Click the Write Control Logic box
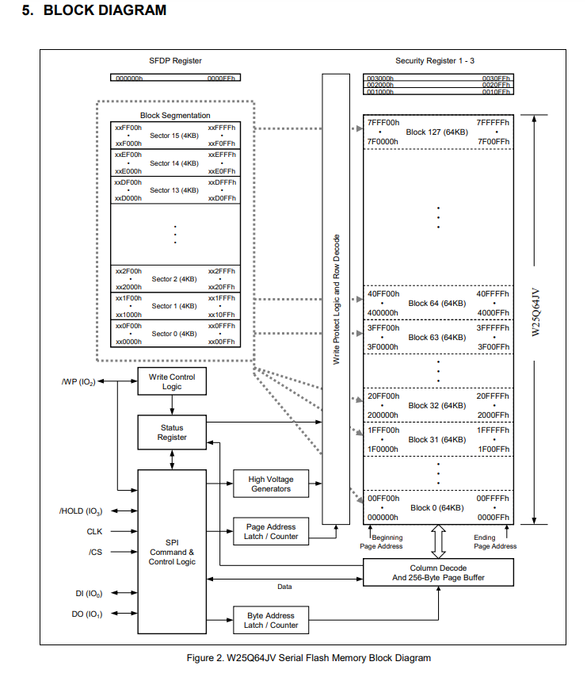pos(172,381)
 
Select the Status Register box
pos(172,432)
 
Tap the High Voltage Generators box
pos(270,484)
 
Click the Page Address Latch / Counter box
pos(270,531)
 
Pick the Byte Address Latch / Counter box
pos(270,620)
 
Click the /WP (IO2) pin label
pos(78,381)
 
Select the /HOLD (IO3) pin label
pos(81,511)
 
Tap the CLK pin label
pos(94,532)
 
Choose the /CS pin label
pos(94,552)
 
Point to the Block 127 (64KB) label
pos(437,132)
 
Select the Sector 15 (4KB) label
pos(174,136)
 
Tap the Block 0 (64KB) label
pos(437,508)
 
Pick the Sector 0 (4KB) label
pos(174,334)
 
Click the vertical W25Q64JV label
pos(536,312)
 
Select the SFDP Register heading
pos(175,61)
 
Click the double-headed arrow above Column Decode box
pos(438,541)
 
